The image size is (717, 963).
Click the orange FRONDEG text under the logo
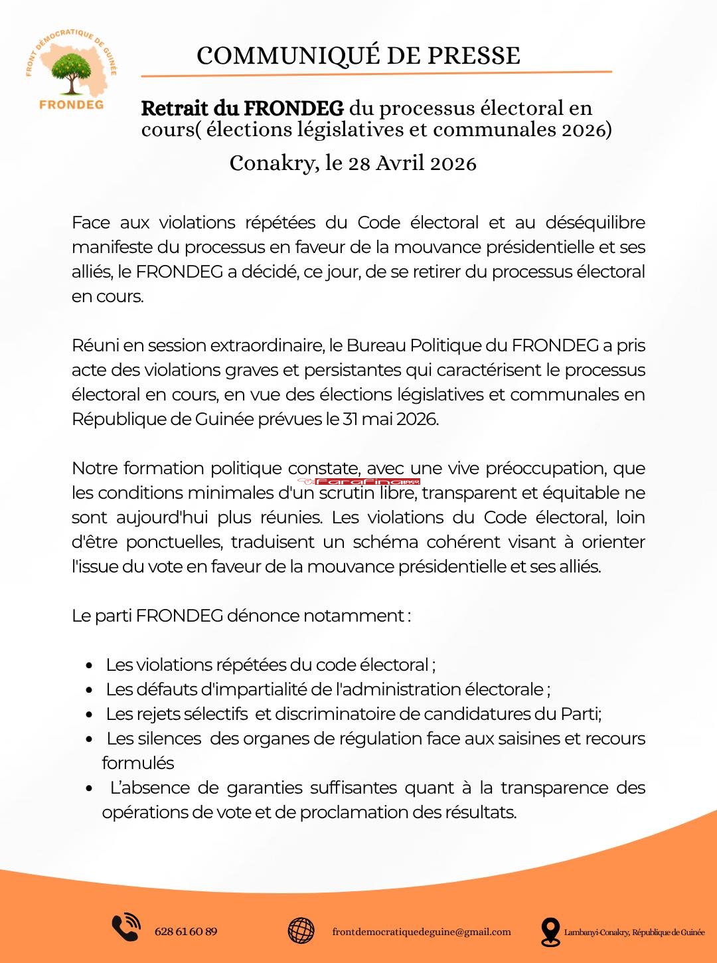click(x=71, y=104)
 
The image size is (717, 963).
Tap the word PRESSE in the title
click(x=473, y=56)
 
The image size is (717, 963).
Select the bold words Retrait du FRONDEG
click(x=242, y=108)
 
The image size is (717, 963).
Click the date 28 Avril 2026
click(x=412, y=163)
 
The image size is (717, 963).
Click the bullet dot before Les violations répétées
click(x=90, y=665)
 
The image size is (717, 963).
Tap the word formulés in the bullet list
click(x=138, y=763)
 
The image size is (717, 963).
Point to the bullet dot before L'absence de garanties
click(x=90, y=788)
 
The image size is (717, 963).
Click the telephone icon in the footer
click(x=125, y=928)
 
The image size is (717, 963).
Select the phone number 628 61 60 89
click(x=186, y=931)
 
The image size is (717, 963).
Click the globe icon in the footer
click(x=301, y=930)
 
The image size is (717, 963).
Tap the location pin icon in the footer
click(x=550, y=931)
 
